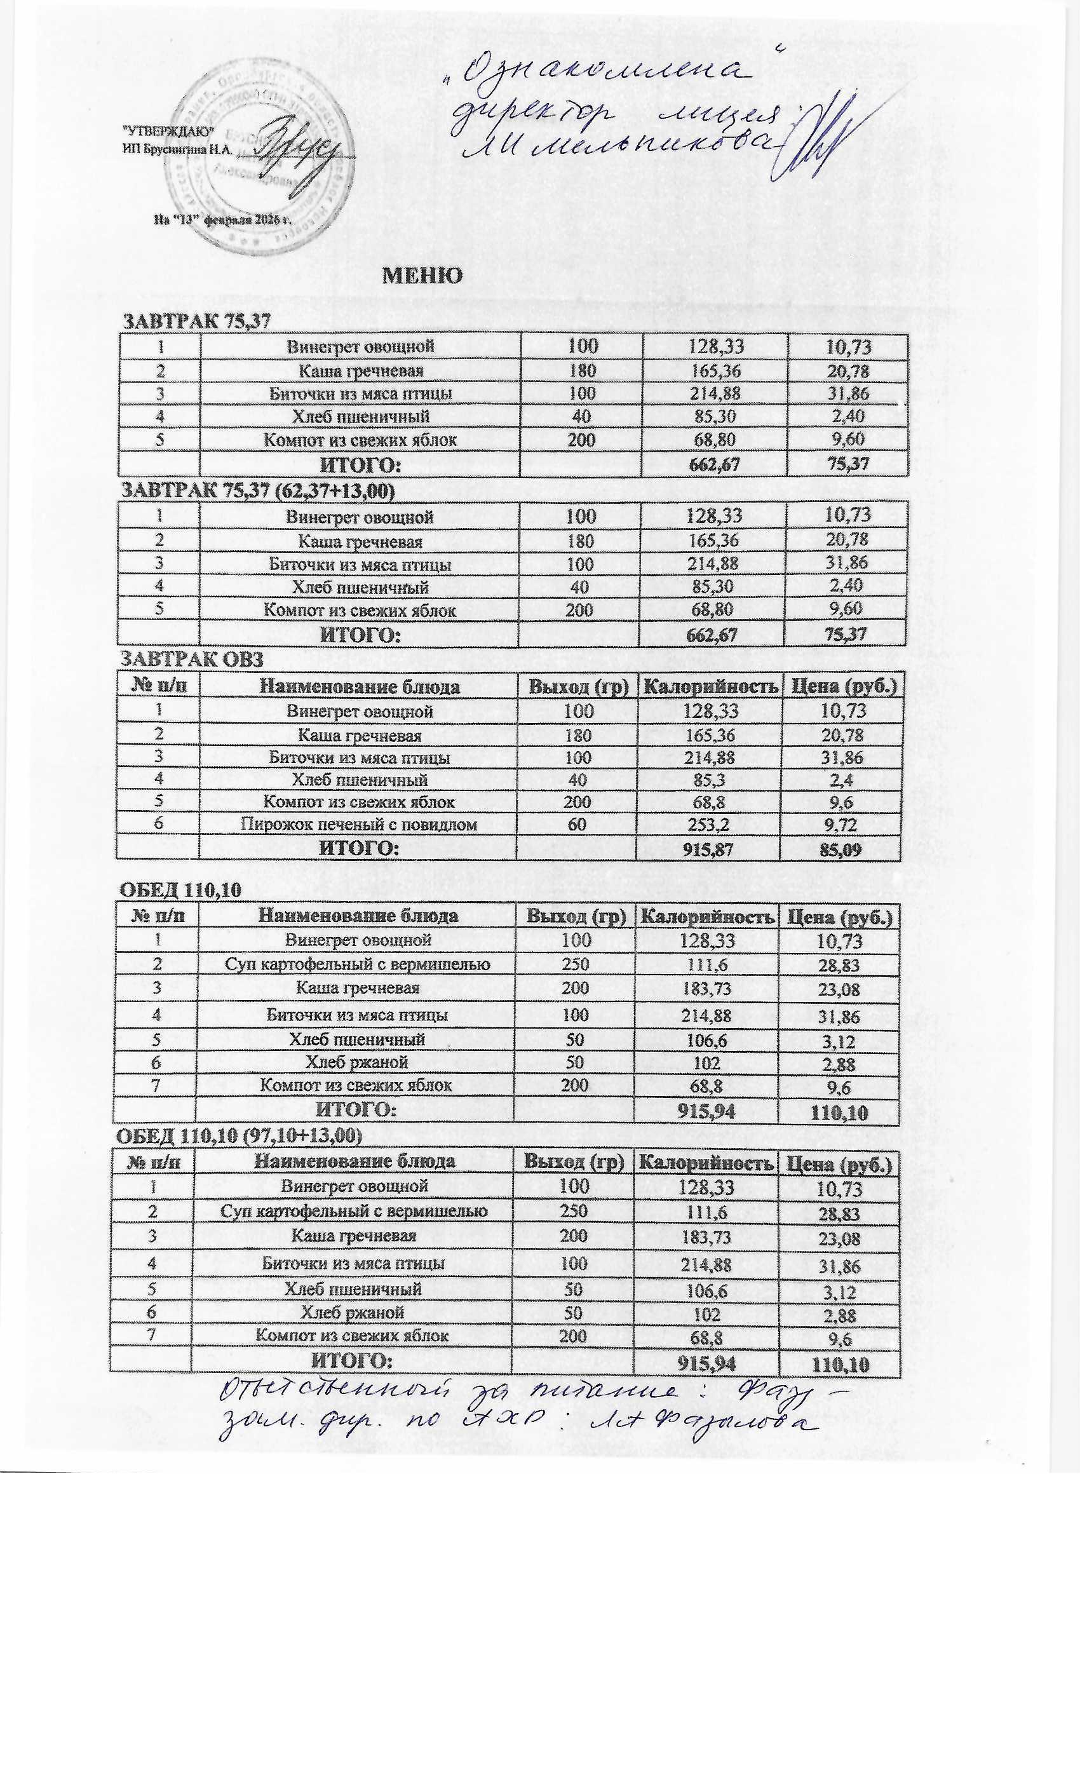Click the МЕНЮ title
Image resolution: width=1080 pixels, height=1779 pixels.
(422, 276)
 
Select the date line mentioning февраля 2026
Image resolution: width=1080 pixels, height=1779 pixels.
(222, 219)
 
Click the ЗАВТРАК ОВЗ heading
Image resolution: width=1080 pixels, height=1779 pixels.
(191, 660)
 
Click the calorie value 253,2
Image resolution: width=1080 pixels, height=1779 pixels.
(708, 824)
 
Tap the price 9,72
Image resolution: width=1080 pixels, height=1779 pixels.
(841, 824)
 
